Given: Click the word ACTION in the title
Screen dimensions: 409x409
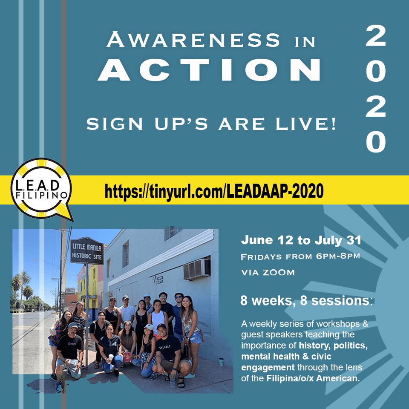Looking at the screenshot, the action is pyautogui.click(x=210, y=69).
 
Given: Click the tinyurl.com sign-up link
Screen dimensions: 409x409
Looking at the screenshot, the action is pyautogui.click(x=214, y=191).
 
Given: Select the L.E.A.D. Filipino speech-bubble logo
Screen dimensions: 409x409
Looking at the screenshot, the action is pyautogui.click(x=42, y=190).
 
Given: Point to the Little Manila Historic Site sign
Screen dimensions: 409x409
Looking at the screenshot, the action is pyautogui.click(x=86, y=251).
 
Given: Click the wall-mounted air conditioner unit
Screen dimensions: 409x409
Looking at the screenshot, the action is pyautogui.click(x=197, y=269).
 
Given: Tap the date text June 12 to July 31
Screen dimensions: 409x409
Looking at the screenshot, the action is pyautogui.click(x=301, y=240).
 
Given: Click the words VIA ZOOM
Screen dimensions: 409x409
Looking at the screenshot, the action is pyautogui.click(x=268, y=273).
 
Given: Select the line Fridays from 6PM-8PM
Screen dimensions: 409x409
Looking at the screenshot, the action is pyautogui.click(x=300, y=256).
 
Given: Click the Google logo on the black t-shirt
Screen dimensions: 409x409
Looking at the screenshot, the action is pyautogui.click(x=72, y=343).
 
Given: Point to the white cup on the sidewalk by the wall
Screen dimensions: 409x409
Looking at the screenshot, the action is pyautogui.click(x=221, y=362).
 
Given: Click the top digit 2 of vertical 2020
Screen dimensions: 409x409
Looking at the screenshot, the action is pyautogui.click(x=376, y=36).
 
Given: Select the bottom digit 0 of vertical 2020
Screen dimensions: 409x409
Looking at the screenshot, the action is pyautogui.click(x=376, y=141).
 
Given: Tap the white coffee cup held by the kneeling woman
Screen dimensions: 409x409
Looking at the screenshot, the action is pyautogui.click(x=111, y=357).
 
